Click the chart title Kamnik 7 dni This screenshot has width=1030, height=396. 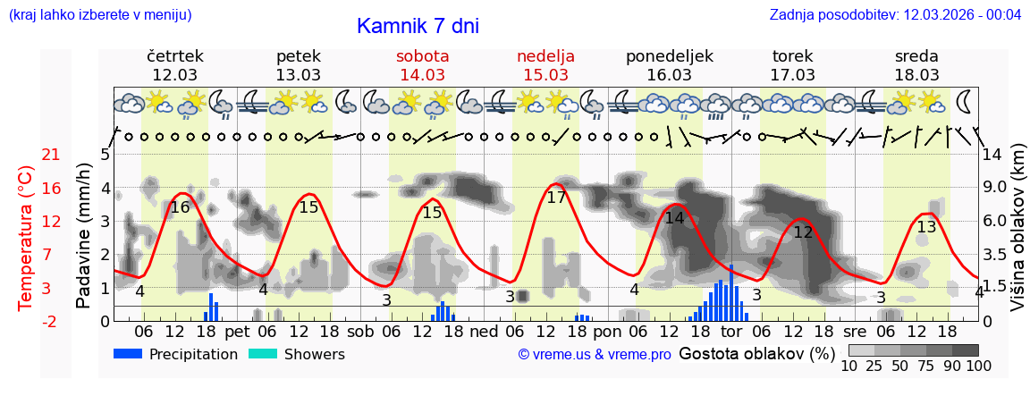(x=418, y=26)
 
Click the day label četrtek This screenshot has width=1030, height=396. (x=175, y=56)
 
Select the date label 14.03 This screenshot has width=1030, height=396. (x=422, y=75)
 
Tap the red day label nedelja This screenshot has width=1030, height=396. (x=545, y=56)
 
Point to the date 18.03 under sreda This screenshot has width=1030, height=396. (x=916, y=75)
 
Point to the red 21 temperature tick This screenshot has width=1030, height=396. (x=51, y=156)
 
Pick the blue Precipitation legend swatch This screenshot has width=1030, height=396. (x=128, y=354)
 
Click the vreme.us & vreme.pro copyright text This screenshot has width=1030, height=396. (x=595, y=355)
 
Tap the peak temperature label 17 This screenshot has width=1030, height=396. (x=556, y=198)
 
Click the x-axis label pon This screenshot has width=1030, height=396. (x=606, y=332)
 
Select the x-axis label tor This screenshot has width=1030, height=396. (x=731, y=332)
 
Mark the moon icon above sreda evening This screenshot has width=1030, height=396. (x=964, y=101)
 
